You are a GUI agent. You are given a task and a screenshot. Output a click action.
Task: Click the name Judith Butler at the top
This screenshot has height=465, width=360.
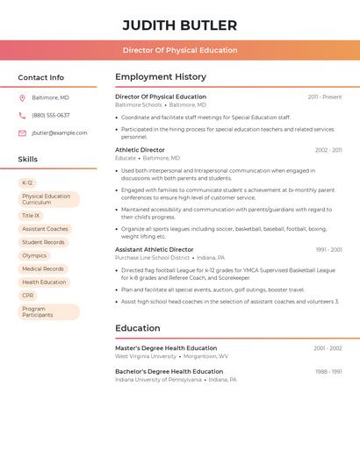tap(179, 25)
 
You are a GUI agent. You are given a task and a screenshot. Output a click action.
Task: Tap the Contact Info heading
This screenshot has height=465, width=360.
tap(40, 77)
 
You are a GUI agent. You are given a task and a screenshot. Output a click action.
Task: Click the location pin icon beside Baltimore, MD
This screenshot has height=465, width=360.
tap(22, 97)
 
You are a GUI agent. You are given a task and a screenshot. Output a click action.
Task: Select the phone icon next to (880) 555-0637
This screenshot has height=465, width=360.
tap(22, 115)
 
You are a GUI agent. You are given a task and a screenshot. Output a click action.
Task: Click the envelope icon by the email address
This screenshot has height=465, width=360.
tap(22, 132)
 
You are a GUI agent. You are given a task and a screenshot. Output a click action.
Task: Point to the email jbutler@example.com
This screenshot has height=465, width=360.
tap(60, 132)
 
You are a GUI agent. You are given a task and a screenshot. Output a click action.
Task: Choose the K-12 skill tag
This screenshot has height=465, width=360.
tap(27, 182)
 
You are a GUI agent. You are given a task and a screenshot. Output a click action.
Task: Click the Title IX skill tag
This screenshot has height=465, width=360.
tap(31, 215)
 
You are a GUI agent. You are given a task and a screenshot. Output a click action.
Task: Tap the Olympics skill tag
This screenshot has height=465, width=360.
tap(34, 255)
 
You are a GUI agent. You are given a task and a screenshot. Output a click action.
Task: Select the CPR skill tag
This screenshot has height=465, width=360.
tap(28, 296)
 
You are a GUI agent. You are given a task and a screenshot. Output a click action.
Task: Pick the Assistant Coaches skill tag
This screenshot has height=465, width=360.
tap(45, 229)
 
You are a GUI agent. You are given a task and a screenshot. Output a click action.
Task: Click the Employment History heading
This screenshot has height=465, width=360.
tap(161, 77)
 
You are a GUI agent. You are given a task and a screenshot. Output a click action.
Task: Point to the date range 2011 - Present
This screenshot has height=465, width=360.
tap(325, 97)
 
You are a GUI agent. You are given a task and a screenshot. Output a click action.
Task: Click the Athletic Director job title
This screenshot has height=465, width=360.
tap(140, 150)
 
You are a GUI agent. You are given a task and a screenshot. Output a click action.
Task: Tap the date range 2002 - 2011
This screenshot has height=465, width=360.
tap(328, 150)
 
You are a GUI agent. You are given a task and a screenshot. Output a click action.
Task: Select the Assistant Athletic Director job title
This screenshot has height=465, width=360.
tap(155, 249)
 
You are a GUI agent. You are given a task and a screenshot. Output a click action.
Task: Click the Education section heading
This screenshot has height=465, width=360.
tap(138, 328)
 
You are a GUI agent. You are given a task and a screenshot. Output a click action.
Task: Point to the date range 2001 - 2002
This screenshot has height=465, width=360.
tap(328, 348)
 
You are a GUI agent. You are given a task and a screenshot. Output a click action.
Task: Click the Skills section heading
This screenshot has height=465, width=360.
tap(28, 159)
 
